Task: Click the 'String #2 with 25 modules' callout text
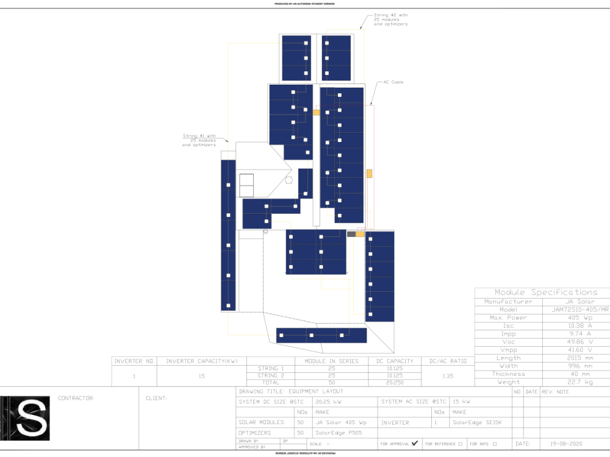tap(390, 19)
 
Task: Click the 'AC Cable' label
tap(393, 82)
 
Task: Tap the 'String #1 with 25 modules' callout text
tap(199, 140)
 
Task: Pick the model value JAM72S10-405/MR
tap(584, 310)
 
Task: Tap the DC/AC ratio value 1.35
tap(448, 376)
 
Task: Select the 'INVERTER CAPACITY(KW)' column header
tap(202, 361)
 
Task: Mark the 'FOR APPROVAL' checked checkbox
tap(415, 444)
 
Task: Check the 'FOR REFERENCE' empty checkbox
tap(460, 444)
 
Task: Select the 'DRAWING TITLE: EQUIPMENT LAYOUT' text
tap(291, 391)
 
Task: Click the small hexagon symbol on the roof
tap(289, 180)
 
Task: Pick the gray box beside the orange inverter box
tap(351, 234)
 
